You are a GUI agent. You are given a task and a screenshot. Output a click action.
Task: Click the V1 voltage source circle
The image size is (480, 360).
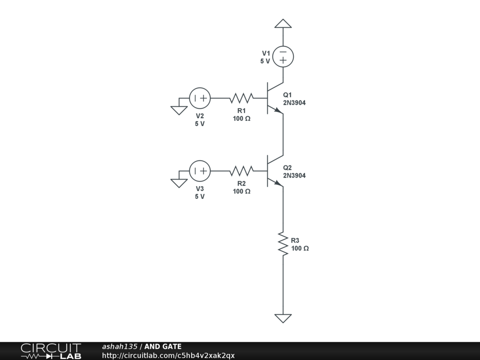283,56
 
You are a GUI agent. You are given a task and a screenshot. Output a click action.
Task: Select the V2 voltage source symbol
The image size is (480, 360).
200,98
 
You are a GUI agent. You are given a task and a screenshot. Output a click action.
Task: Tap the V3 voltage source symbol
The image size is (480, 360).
200,171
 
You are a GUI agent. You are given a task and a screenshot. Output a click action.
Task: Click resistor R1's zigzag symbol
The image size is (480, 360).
241,98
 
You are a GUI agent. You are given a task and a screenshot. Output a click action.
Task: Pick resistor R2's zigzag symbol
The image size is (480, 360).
241,171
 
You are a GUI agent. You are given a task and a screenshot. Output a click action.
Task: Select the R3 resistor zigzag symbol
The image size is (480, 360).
283,243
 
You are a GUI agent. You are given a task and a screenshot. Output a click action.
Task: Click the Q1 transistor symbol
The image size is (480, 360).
273,98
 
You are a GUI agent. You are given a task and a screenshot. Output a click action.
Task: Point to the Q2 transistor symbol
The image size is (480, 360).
273,171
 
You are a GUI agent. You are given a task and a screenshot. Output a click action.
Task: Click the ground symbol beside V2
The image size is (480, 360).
179,110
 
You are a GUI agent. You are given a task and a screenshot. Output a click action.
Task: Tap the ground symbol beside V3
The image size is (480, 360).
179,183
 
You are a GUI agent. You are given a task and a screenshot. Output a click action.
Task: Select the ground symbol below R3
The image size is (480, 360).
283,318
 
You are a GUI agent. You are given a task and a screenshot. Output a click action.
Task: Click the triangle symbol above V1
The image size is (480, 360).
283,23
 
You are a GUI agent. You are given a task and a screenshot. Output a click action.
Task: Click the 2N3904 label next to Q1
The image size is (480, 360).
294,103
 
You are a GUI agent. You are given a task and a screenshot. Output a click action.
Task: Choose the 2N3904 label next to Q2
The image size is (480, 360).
294,176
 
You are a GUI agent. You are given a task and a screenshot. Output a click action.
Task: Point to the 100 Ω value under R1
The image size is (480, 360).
241,119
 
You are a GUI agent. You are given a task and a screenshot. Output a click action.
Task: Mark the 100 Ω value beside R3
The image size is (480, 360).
300,248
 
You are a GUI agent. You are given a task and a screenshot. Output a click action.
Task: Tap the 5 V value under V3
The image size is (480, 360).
200,196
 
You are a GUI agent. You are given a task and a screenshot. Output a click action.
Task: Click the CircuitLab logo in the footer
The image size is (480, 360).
51,351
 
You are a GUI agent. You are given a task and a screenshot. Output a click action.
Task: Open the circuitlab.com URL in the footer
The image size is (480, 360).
168,355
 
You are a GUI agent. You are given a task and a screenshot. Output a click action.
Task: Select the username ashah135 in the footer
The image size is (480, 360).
120,347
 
